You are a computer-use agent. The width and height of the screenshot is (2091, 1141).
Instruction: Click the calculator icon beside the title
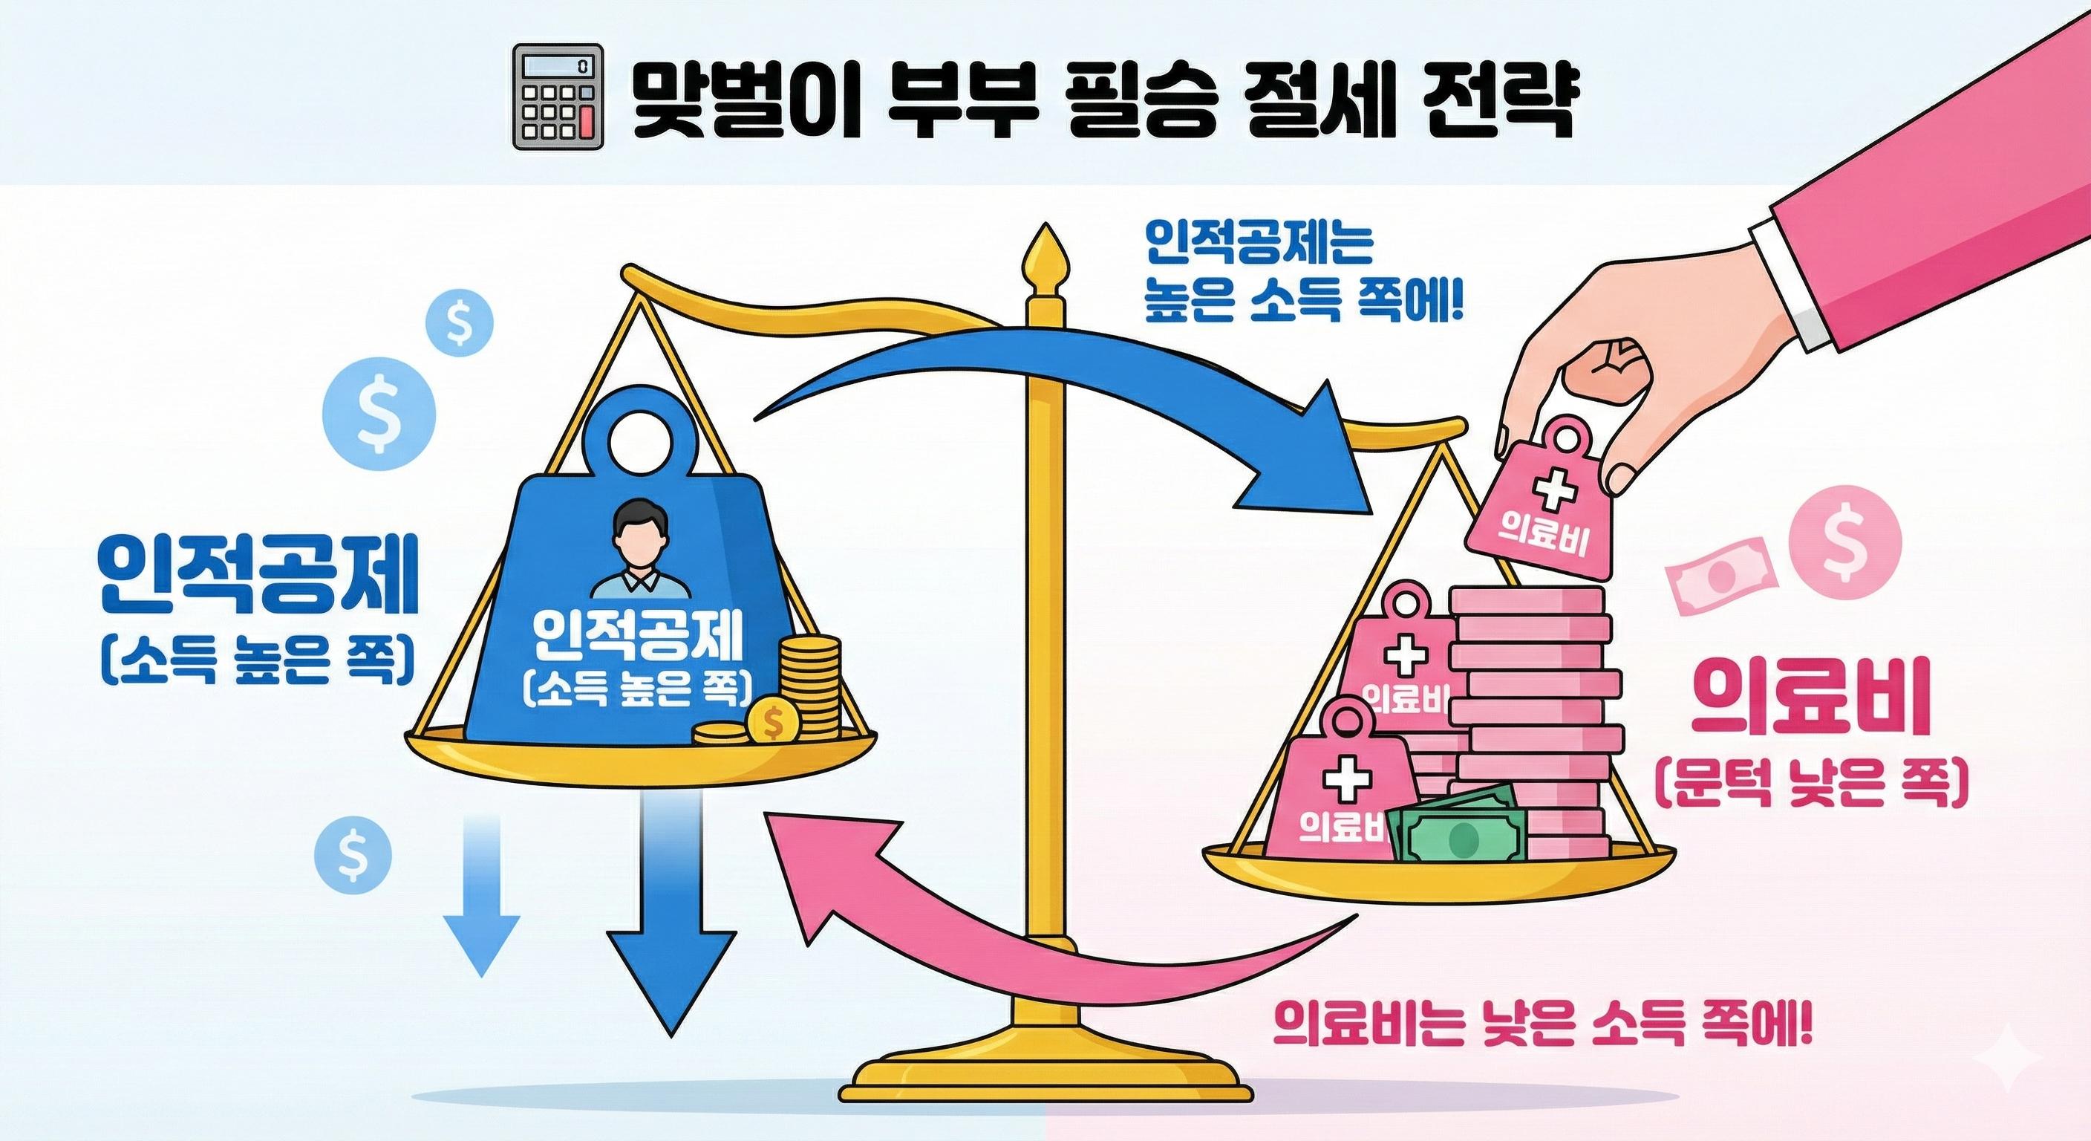click(x=559, y=96)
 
